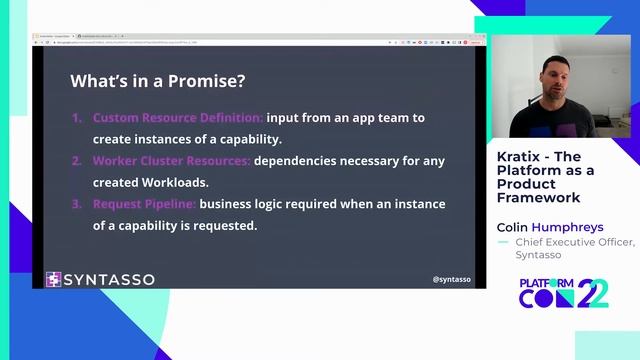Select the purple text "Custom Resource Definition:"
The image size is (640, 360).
click(x=178, y=118)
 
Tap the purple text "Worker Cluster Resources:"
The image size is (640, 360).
click(x=172, y=161)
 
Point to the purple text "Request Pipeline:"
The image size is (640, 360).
click(x=144, y=204)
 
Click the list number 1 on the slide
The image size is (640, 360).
click(x=76, y=118)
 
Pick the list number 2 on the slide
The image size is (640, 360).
click(x=76, y=161)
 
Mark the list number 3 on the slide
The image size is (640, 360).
click(x=76, y=204)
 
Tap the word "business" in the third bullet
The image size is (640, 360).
click(x=227, y=204)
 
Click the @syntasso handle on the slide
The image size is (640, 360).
click(x=452, y=279)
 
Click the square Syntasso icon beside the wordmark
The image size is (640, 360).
click(x=54, y=279)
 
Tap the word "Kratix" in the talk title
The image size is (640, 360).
click(x=517, y=157)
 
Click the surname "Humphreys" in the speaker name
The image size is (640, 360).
click(x=566, y=227)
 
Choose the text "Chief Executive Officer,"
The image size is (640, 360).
click(x=574, y=242)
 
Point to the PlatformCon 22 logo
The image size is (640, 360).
click(x=563, y=293)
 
